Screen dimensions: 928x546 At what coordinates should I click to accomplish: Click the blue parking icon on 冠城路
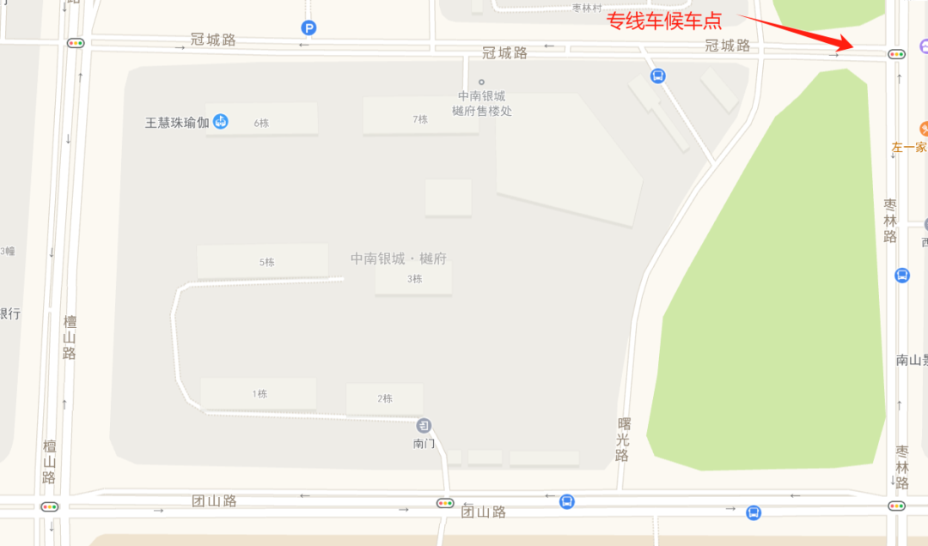[x=308, y=28]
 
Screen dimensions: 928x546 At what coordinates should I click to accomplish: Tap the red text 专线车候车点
[x=664, y=21]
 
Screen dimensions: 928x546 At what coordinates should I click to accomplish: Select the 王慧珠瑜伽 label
[x=177, y=122]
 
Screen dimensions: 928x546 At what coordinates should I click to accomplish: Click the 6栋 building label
[x=261, y=123]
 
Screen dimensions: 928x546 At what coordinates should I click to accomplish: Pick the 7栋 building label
[x=419, y=119]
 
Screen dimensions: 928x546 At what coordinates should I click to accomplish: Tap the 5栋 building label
[x=266, y=262]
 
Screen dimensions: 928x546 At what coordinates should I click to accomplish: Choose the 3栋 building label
[x=414, y=278]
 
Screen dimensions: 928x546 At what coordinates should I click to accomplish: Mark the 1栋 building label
[x=259, y=394]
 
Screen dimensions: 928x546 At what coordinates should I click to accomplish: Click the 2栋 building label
[x=384, y=398]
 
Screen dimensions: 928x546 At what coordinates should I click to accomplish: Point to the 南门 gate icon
[x=424, y=425]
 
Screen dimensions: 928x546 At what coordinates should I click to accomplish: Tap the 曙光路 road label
[x=623, y=440]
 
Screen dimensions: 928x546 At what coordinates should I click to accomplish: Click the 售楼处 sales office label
[x=481, y=103]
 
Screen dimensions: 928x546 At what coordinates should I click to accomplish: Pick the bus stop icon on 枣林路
[x=902, y=275]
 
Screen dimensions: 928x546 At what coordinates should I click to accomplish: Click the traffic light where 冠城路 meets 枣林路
[x=897, y=54]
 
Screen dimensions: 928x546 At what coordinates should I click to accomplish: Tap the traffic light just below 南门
[x=445, y=503]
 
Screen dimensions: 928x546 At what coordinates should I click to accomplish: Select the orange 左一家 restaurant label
[x=909, y=147]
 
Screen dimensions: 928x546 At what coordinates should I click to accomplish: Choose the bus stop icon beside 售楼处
[x=658, y=76]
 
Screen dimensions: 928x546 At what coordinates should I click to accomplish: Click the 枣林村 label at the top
[x=589, y=8]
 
